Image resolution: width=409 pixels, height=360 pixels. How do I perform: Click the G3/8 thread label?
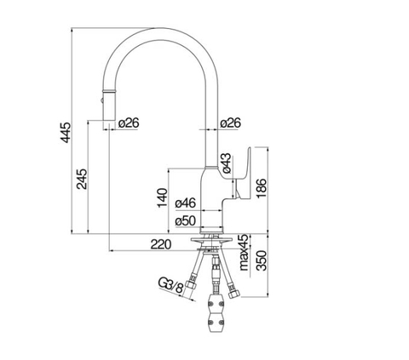[171, 286]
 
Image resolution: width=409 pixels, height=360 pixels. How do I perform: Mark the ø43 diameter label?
[228, 160]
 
